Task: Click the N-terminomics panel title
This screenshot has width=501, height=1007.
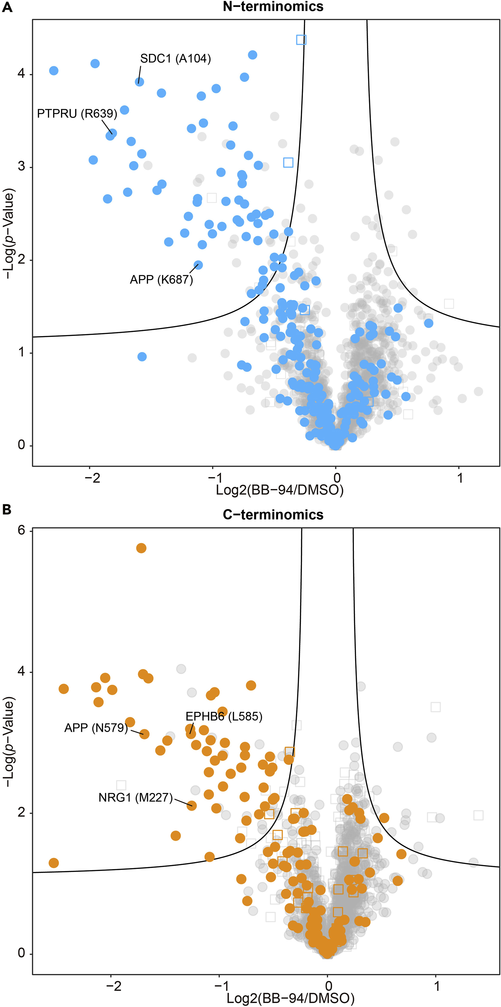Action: click(x=273, y=6)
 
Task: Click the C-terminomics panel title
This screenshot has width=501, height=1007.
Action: click(x=273, y=515)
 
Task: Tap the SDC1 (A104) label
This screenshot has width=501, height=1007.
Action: click(x=176, y=59)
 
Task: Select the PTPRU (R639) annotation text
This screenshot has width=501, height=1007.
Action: click(x=77, y=113)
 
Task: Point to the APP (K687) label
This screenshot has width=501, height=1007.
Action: click(x=161, y=279)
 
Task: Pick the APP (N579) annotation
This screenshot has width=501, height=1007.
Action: click(x=96, y=728)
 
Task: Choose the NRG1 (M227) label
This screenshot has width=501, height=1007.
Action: click(x=136, y=797)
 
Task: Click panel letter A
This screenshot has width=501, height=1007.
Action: click(x=7, y=7)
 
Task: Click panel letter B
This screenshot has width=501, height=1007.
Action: click(x=7, y=510)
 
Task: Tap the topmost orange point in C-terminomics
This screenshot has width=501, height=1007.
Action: click(x=141, y=548)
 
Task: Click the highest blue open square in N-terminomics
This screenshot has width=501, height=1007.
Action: click(x=301, y=39)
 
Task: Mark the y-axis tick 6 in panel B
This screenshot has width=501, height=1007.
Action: click(x=21, y=530)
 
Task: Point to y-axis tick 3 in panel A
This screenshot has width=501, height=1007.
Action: click(x=21, y=167)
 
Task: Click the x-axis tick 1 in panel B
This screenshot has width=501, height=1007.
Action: click(x=436, y=985)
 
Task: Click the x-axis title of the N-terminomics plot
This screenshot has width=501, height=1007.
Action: click(x=280, y=490)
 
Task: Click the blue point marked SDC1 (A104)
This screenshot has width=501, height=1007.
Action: click(x=139, y=82)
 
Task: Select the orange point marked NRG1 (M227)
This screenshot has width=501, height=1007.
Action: click(x=191, y=805)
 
